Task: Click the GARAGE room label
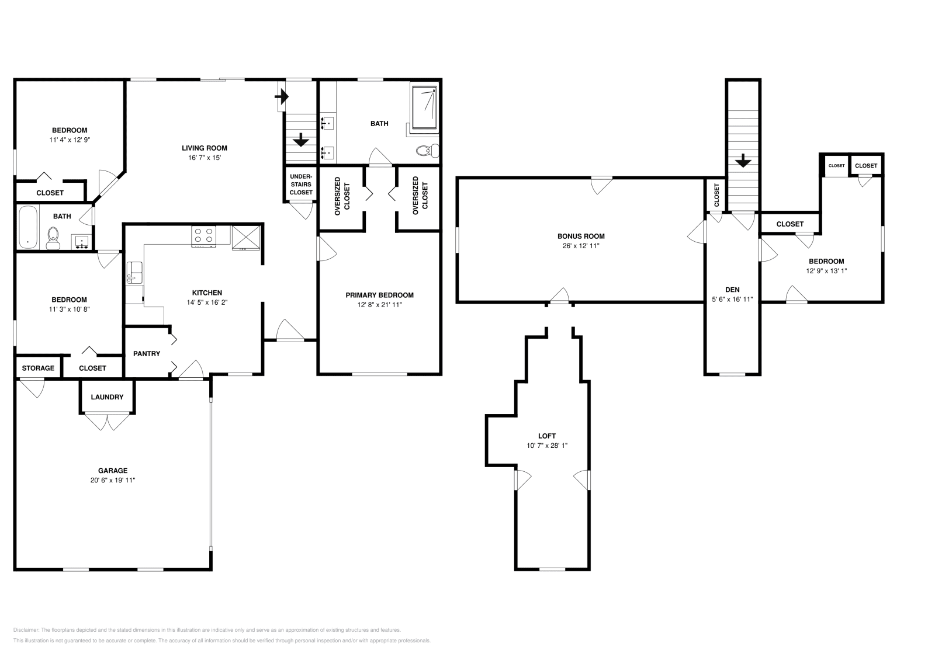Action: coord(113,470)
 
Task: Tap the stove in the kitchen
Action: coord(203,235)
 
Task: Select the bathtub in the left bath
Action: coord(27,228)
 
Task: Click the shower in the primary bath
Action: coord(424,107)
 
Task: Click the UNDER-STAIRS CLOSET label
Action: coord(301,184)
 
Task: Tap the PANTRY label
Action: coord(146,353)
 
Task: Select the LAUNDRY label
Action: coord(107,397)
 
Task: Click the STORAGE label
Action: coord(38,368)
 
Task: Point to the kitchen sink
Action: coord(134,273)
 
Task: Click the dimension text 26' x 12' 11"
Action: coord(580,246)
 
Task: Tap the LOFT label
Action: coord(547,436)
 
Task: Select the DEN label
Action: coord(732,290)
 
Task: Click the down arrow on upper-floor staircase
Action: coord(743,160)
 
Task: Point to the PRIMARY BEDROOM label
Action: coord(379,295)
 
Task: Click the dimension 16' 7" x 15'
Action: coord(204,158)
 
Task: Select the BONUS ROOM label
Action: coord(580,236)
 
